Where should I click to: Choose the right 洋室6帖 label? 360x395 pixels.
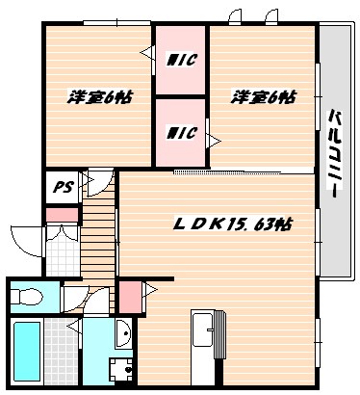click(x=263, y=97)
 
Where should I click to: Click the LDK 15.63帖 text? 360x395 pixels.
click(x=233, y=224)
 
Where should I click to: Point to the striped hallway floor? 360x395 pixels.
click(x=95, y=241)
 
